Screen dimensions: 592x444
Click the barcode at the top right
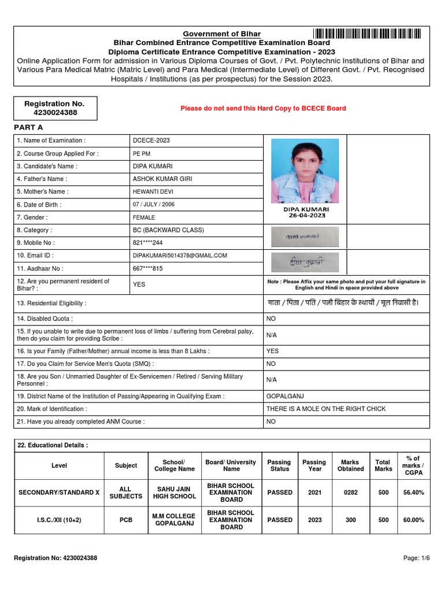(x=367, y=34)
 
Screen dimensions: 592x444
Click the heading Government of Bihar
(x=222, y=34)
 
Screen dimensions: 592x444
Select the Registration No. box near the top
(x=54, y=108)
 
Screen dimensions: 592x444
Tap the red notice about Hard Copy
(x=263, y=108)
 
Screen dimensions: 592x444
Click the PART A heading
(x=29, y=127)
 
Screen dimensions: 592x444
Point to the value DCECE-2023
(x=151, y=140)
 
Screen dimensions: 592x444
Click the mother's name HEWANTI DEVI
(x=153, y=191)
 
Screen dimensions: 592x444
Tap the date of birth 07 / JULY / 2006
(x=154, y=205)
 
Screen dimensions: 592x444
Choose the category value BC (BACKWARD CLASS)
(x=168, y=230)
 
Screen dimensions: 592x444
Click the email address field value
(x=180, y=256)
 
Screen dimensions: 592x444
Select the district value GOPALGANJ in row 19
(x=285, y=396)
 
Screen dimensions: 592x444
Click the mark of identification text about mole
(x=325, y=409)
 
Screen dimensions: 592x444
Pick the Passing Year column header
(x=314, y=465)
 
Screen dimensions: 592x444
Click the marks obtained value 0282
(x=350, y=493)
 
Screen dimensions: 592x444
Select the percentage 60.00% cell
(x=413, y=520)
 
